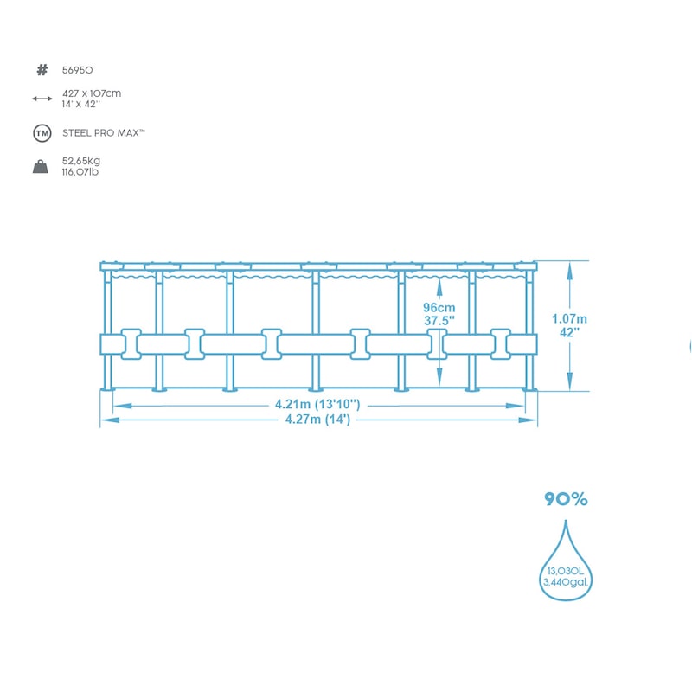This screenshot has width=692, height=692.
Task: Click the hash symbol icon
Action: [42, 69]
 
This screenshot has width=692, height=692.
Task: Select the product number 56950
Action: [78, 69]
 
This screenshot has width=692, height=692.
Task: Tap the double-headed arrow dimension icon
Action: [42, 99]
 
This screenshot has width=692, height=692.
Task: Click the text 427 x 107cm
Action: [91, 93]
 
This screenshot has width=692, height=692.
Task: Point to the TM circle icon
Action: [42, 133]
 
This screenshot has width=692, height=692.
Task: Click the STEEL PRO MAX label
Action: [103, 133]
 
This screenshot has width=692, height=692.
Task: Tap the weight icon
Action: [41, 167]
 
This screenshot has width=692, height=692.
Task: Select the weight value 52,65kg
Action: [81, 161]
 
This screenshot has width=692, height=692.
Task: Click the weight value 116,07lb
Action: [81, 172]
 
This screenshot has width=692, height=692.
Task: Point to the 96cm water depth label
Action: [439, 307]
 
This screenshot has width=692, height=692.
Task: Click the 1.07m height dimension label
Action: [569, 317]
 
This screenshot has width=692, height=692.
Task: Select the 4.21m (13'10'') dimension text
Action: [317, 404]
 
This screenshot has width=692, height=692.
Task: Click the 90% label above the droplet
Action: [566, 499]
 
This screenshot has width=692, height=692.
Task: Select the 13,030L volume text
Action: [566, 571]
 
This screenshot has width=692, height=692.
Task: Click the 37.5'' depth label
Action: [439, 320]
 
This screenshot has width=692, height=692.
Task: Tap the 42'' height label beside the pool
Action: [569, 331]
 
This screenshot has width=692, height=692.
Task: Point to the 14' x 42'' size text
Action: [81, 104]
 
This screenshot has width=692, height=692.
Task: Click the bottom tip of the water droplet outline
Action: [566, 599]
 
